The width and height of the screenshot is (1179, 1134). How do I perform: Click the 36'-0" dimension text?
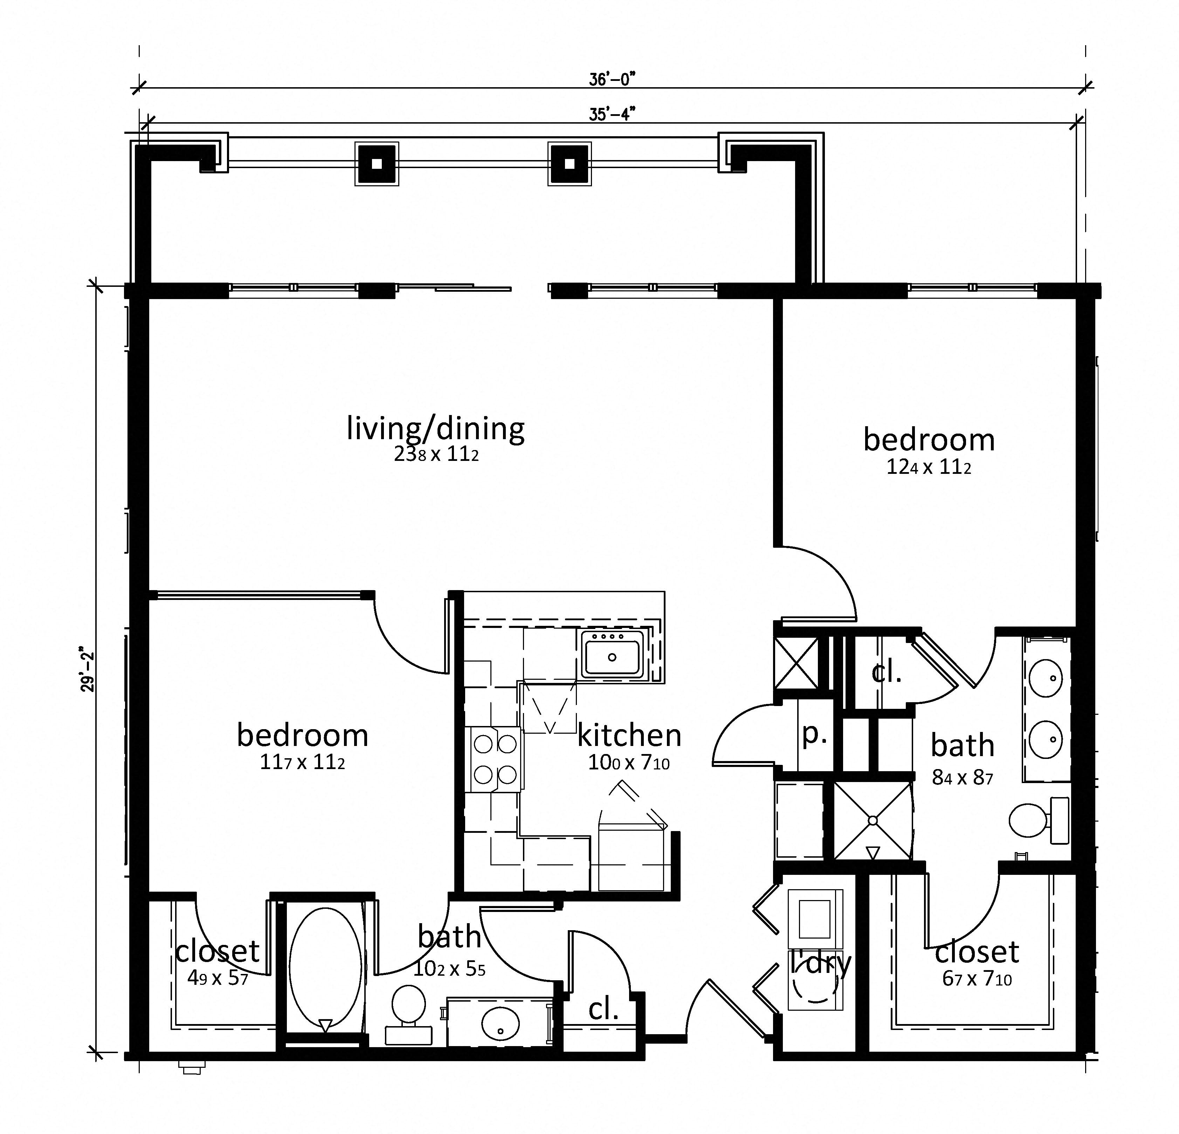[x=612, y=79]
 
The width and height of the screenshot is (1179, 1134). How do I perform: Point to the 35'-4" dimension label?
[x=612, y=114]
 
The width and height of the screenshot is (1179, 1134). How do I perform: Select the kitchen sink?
[x=612, y=657]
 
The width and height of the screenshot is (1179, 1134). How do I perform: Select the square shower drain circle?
[x=873, y=820]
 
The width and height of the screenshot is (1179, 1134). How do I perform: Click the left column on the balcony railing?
[x=377, y=164]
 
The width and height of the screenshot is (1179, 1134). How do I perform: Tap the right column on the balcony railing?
[x=569, y=164]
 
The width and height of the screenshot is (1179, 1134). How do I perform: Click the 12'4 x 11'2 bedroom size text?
[x=929, y=468]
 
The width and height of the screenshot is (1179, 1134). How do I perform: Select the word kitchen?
[x=629, y=735]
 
